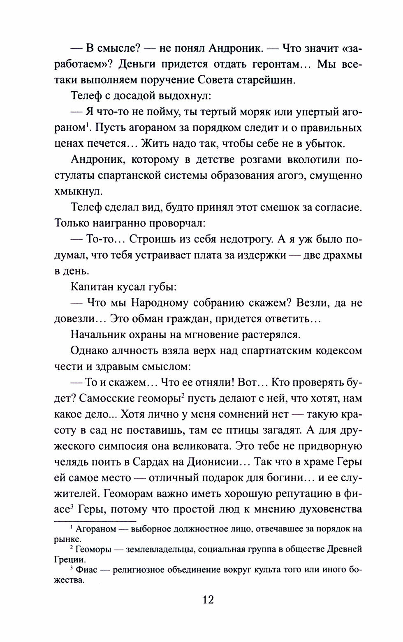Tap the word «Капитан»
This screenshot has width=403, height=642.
(x=95, y=286)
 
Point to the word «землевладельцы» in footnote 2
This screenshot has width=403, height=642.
(x=165, y=549)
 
